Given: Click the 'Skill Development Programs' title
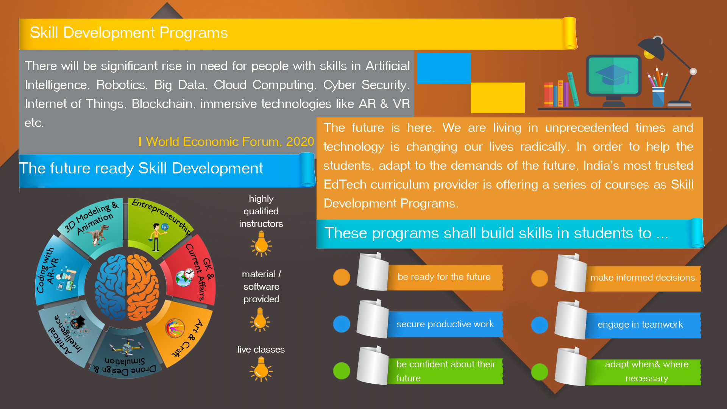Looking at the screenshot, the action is tap(129, 33).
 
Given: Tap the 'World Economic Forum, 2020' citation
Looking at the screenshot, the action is tap(230, 142).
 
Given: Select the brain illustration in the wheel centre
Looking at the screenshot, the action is tap(126, 287).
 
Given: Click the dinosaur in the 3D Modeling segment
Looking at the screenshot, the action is tap(97, 234).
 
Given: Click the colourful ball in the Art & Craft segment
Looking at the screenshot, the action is tap(175, 328).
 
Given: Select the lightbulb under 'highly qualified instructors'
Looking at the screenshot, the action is tap(261, 244).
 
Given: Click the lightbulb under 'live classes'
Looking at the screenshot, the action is tap(261, 369).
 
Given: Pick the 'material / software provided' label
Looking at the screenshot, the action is tap(261, 287).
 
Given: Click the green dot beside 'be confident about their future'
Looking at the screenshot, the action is tap(342, 371).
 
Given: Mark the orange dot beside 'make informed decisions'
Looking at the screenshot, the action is tap(540, 279).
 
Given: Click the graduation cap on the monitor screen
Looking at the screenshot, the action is tap(613, 74).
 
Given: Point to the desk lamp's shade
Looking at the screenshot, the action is tap(652, 49).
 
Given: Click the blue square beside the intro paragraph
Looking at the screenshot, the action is tap(444, 68).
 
